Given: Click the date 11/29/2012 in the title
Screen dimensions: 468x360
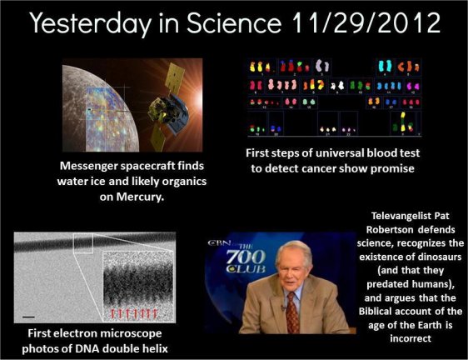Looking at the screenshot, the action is pyautogui.click(x=366, y=23).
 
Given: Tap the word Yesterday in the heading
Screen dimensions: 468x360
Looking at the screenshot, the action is pyautogui.click(x=91, y=24).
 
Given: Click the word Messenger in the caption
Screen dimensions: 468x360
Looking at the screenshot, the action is pyautogui.click(x=87, y=166).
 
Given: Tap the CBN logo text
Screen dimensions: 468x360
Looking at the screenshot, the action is pyautogui.click(x=219, y=242).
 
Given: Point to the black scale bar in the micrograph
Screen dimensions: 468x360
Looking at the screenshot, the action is pyautogui.click(x=28, y=317).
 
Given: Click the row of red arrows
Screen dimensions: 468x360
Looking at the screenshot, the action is pyautogui.click(x=133, y=313).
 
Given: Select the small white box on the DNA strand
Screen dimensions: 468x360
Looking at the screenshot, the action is pyautogui.click(x=83, y=243).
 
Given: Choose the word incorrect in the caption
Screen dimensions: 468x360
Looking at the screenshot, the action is pyautogui.click(x=411, y=338).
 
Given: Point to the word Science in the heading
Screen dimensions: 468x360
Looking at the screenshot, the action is pyautogui.click(x=234, y=23).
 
